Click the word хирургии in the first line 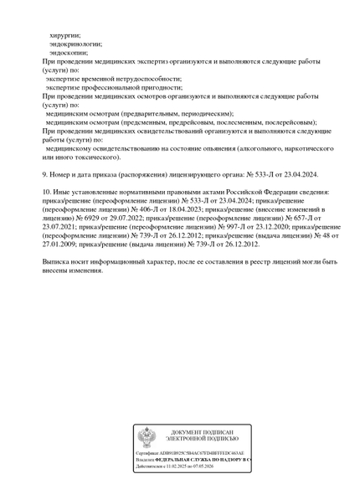click(65, 35)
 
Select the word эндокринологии click(75, 44)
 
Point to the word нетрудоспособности click(149, 79)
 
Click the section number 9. click(44, 174)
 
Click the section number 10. click(47, 192)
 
